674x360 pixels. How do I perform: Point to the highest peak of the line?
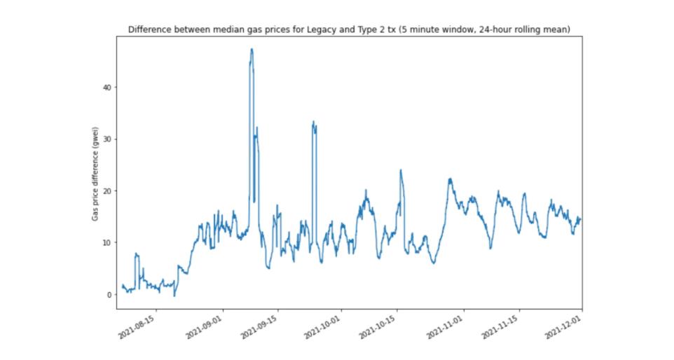pyautogui.click(x=252, y=49)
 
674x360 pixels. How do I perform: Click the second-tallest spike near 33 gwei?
pyautogui.click(x=313, y=122)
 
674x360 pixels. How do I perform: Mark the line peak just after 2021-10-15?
pyautogui.click(x=401, y=170)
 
